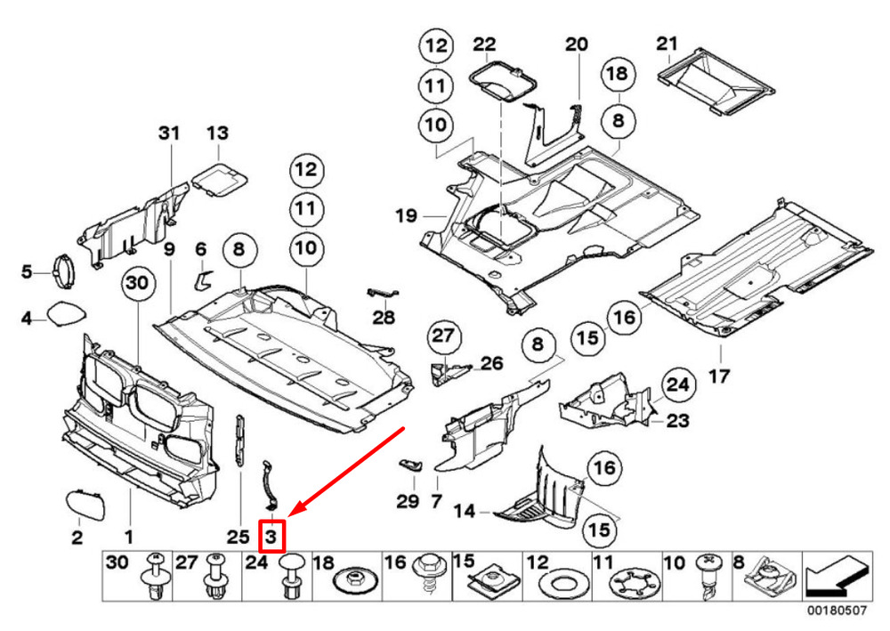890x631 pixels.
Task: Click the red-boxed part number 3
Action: (x=271, y=536)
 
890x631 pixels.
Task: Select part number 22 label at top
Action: (x=484, y=44)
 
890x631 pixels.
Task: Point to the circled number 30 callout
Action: (x=138, y=284)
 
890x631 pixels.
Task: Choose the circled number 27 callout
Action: (x=442, y=336)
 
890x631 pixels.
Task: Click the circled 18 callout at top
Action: (x=617, y=75)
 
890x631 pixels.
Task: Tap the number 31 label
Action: (x=169, y=133)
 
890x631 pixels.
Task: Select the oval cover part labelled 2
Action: (x=85, y=506)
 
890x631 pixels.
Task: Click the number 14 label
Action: (x=465, y=513)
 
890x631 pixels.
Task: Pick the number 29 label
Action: (x=407, y=502)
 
